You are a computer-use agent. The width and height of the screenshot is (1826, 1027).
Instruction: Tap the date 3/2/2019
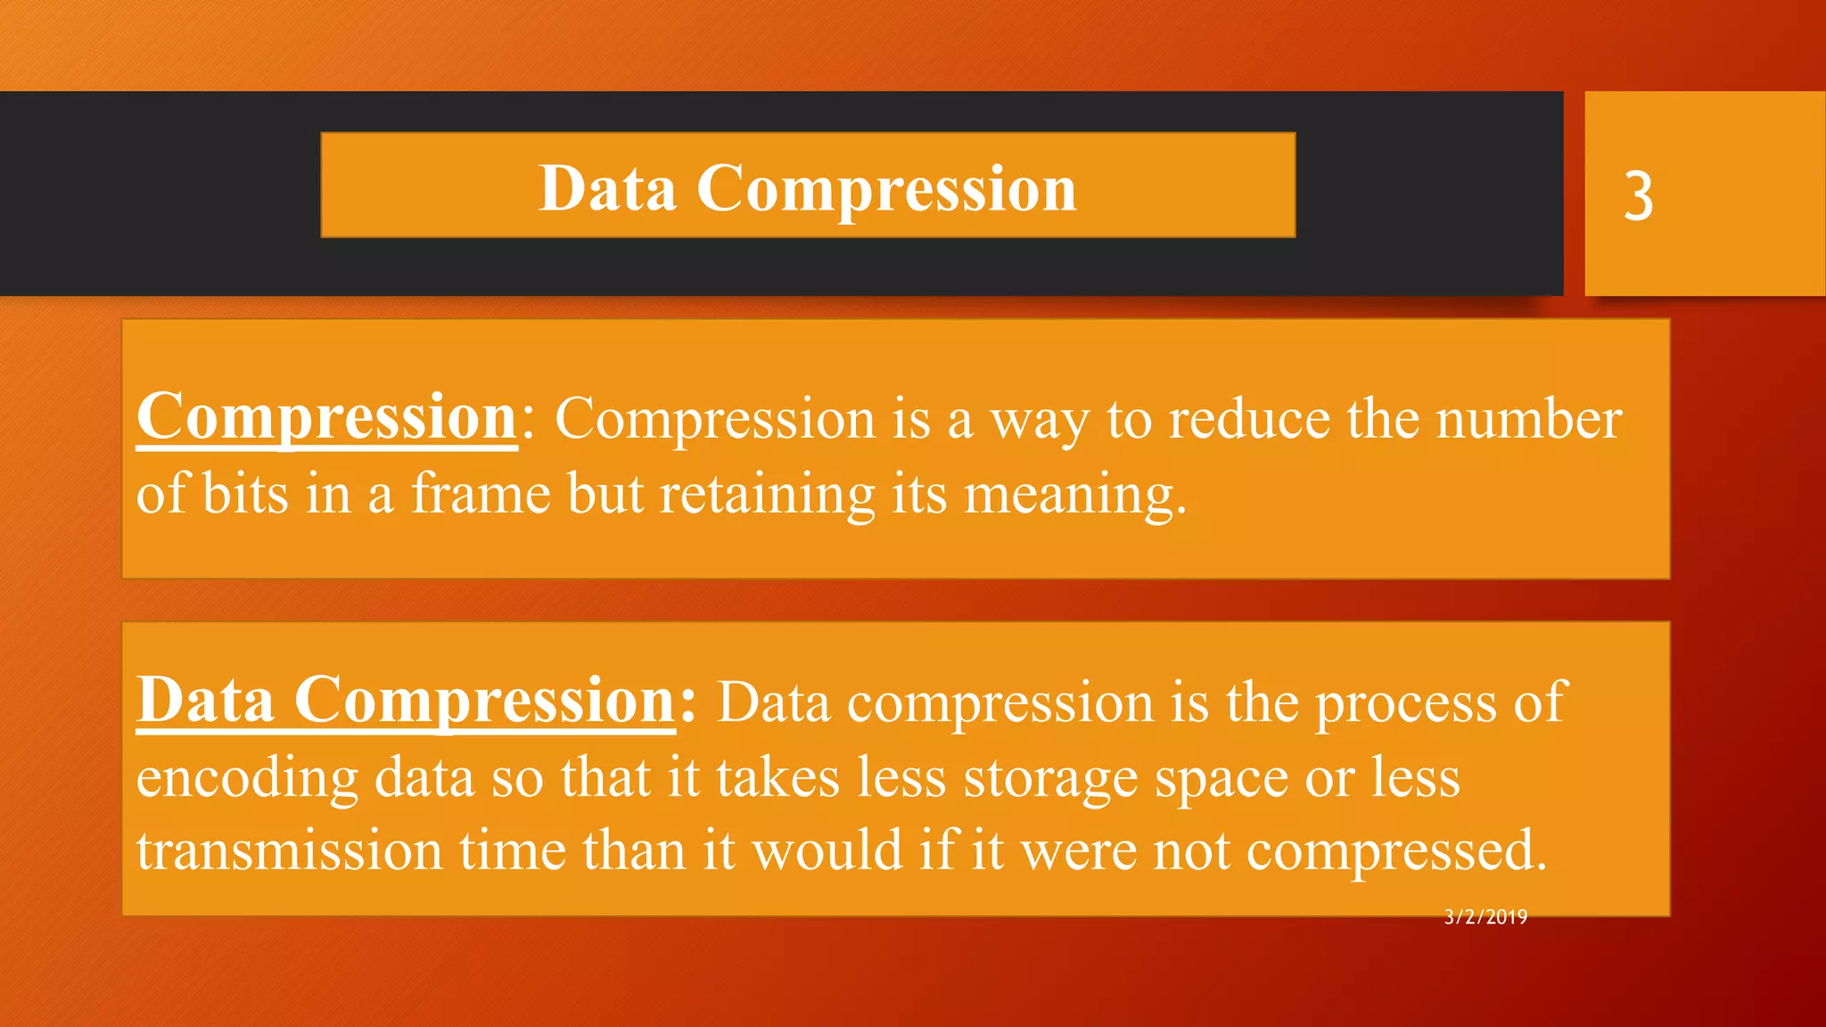[x=1485, y=917]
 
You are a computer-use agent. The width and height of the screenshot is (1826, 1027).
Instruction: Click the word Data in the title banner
[x=607, y=189]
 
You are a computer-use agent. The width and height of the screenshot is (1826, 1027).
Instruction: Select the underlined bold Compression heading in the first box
[x=327, y=417]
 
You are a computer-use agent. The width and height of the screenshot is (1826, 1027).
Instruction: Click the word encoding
[x=247, y=777]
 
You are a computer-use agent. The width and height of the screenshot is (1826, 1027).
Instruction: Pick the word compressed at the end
[x=1395, y=851]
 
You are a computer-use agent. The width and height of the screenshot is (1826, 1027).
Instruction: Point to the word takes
[x=777, y=776]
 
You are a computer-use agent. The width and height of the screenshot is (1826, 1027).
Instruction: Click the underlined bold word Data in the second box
[x=205, y=701]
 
